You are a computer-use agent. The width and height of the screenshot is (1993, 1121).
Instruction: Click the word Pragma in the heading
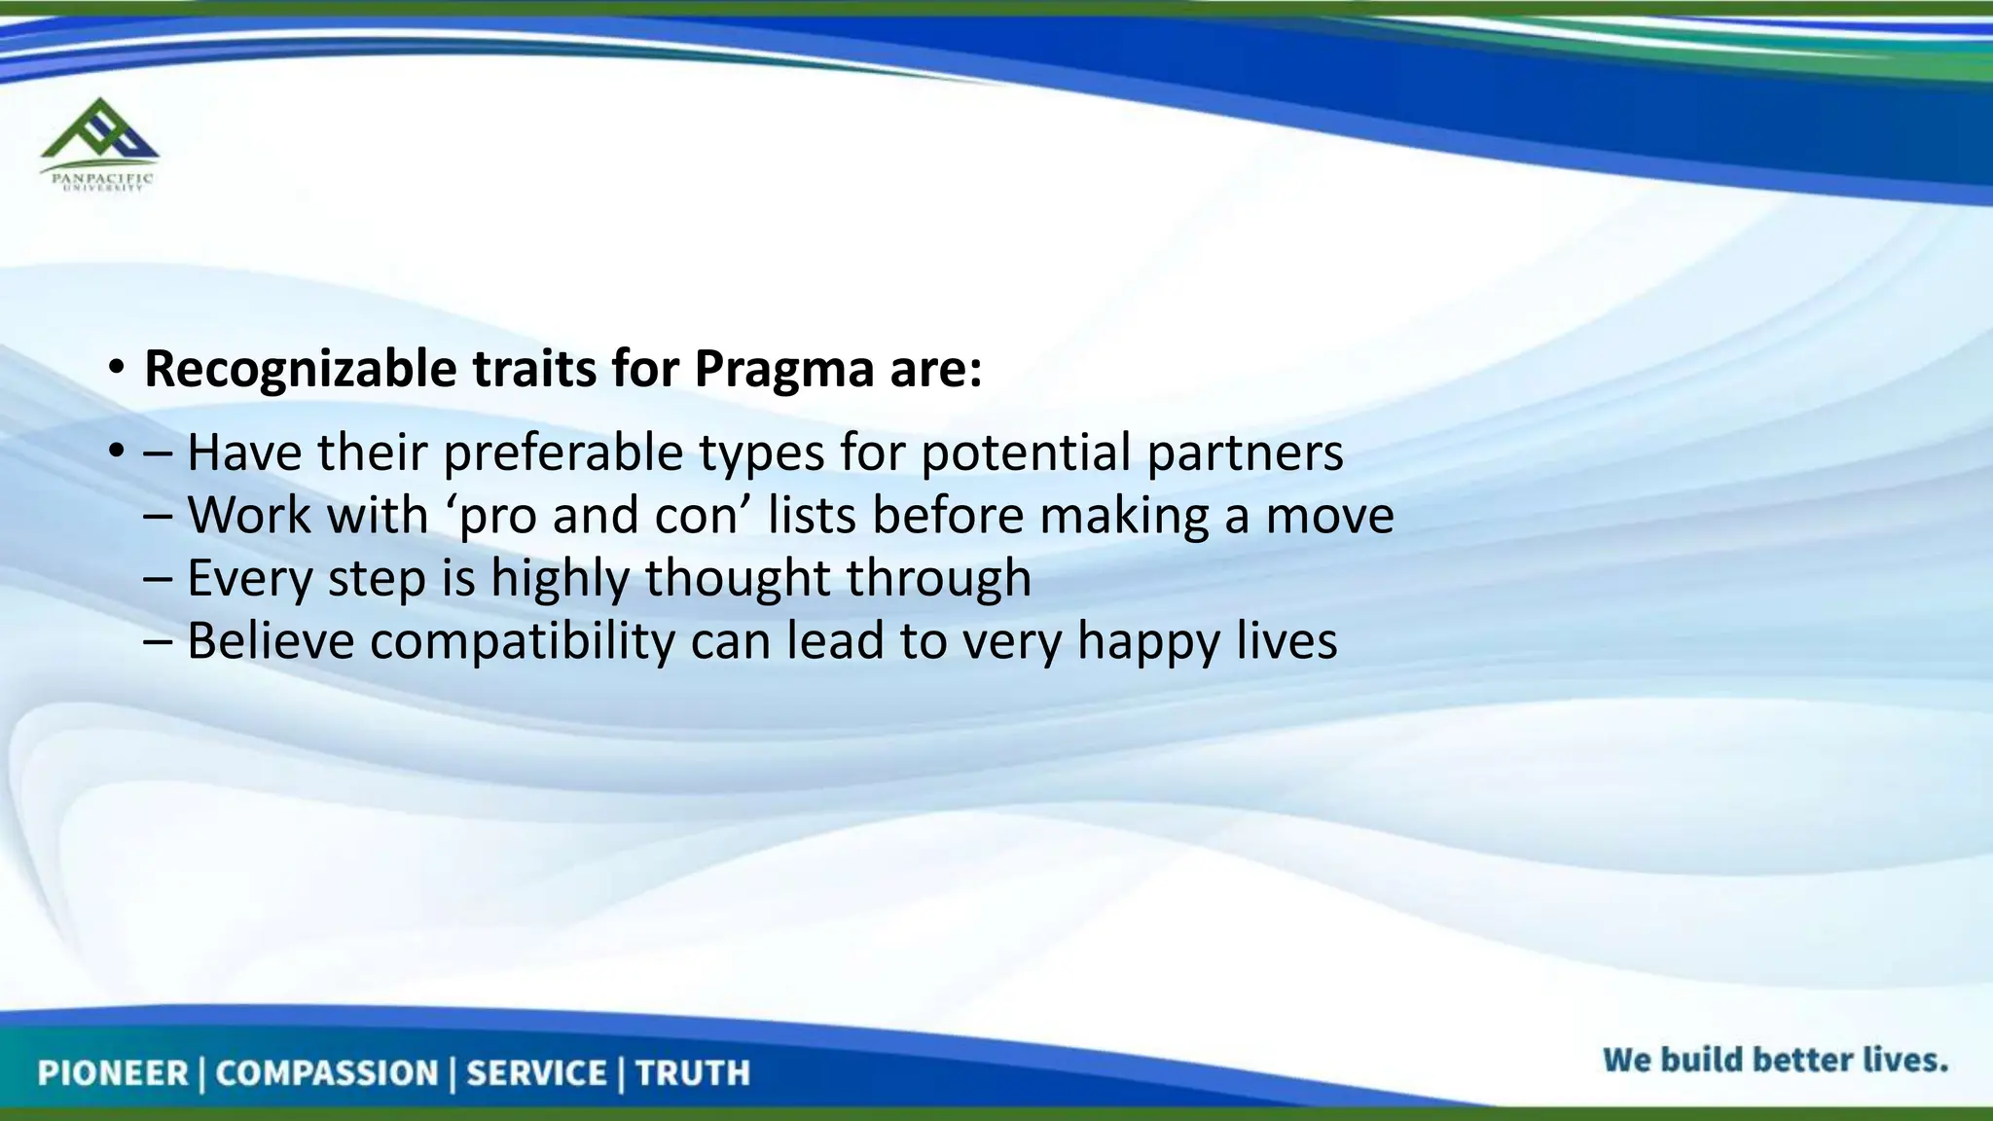tap(783, 369)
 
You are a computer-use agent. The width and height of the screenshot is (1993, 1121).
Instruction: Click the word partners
tap(1245, 453)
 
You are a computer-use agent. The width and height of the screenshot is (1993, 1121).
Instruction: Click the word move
tap(1329, 516)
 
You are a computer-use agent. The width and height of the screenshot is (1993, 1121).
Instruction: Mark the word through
tap(938, 578)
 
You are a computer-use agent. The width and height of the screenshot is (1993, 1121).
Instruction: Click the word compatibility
tap(522, 641)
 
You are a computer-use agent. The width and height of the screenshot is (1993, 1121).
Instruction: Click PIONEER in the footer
tap(112, 1073)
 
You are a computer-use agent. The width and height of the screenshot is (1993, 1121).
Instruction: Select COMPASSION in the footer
tap(327, 1073)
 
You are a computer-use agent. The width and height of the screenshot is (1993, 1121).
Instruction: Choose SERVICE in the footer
tap(536, 1073)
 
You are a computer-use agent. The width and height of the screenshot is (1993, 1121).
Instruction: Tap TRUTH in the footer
tap(693, 1073)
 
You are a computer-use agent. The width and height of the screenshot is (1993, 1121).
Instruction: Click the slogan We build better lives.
tap(1775, 1059)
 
